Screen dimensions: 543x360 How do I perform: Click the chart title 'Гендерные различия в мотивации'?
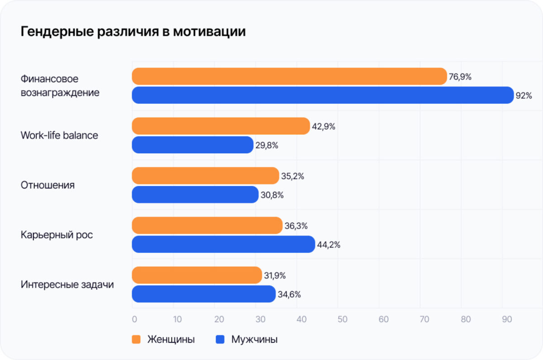coord(133,32)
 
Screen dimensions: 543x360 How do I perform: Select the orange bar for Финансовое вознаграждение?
coord(289,77)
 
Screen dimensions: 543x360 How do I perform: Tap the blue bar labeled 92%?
coord(323,95)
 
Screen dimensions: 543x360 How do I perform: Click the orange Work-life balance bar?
coord(221,126)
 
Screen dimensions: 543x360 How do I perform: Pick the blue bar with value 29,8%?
coord(192,145)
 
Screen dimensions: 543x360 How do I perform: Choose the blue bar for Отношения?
coord(195,195)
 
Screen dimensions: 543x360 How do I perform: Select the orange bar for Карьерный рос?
coord(207,226)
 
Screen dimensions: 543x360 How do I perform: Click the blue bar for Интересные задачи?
coord(204,294)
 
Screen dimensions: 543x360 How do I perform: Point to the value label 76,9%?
coord(460,77)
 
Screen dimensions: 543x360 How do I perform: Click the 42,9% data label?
coord(324,126)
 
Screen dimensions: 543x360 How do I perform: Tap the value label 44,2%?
coord(329,245)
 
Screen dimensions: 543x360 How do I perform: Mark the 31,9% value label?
coord(275,276)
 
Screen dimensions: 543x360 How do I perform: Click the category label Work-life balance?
coord(59,135)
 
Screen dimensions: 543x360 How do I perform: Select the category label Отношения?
coord(48,185)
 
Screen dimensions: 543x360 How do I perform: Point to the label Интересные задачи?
coord(67,284)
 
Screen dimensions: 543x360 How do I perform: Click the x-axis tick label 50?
coord(342,319)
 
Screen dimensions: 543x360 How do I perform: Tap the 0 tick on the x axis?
coord(134,319)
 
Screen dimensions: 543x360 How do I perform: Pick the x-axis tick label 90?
coord(507,319)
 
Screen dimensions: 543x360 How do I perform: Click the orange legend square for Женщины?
coord(136,339)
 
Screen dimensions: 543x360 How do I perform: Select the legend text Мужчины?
coord(254,339)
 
